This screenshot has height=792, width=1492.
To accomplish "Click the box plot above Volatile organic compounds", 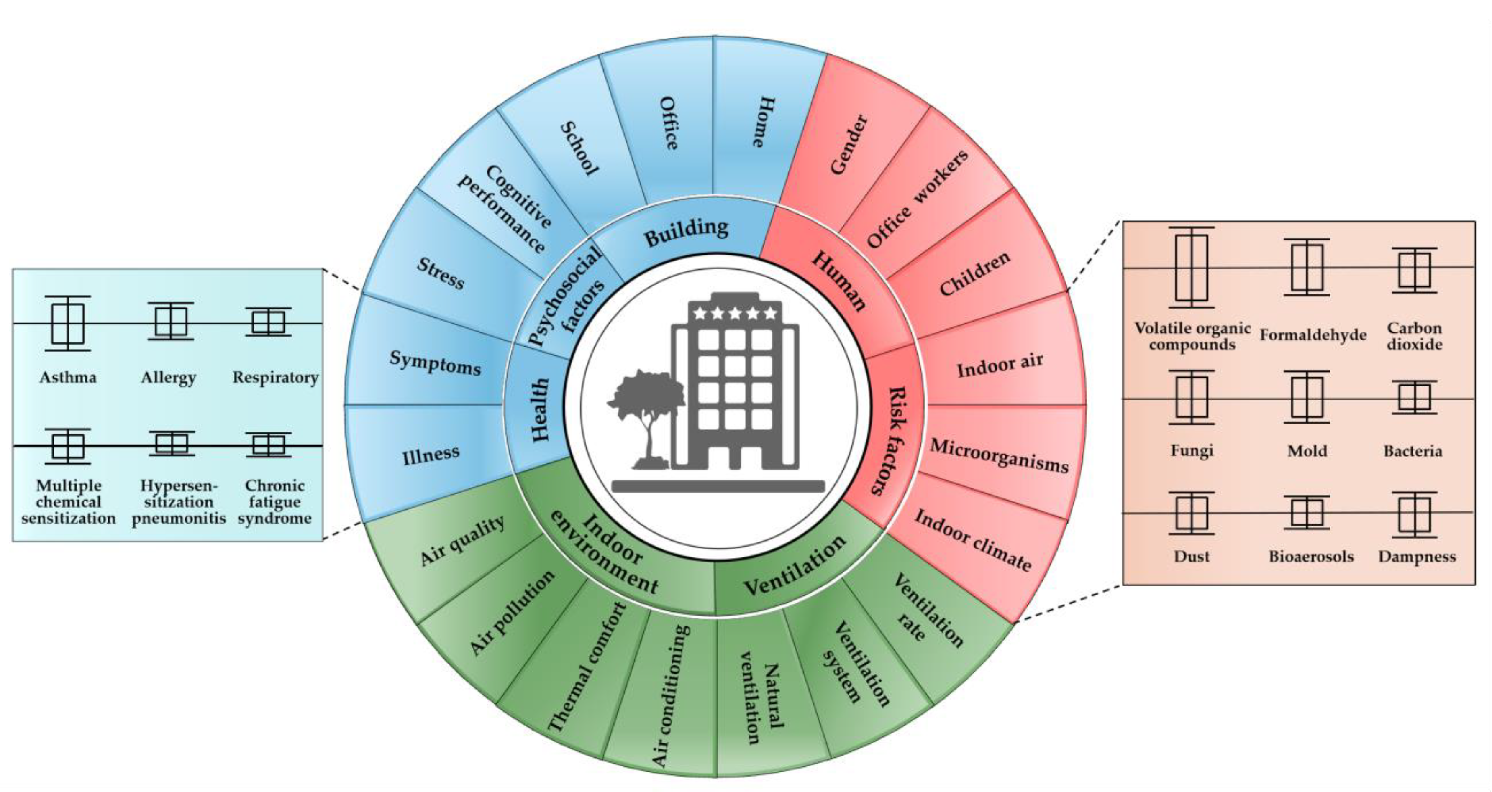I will [1192, 268].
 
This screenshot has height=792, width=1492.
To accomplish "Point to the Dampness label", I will [1417, 557].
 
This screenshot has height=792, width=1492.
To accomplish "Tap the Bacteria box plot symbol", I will [1415, 398].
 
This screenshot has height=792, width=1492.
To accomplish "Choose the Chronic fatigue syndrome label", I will [274, 502].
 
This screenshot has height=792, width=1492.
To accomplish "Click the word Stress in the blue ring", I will [440, 273].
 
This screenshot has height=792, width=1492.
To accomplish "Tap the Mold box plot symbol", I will [1307, 398].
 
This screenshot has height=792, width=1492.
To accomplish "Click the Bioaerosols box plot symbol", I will [1307, 512].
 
